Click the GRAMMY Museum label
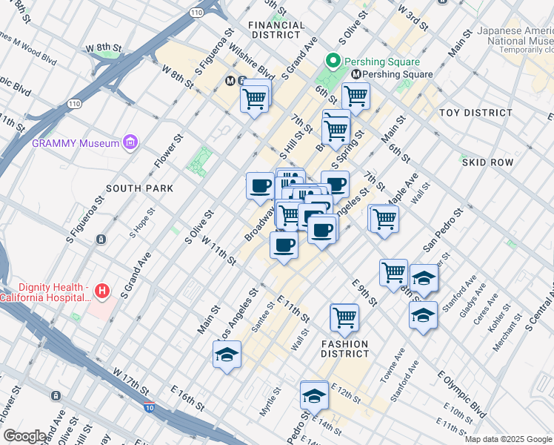(x=75, y=142)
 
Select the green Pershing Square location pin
(x=333, y=62)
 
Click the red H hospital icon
(x=102, y=291)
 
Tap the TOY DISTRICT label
(x=475, y=113)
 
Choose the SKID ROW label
(x=487, y=161)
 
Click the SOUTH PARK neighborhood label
(x=139, y=188)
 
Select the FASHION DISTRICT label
(x=344, y=349)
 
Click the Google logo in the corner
(x=24, y=436)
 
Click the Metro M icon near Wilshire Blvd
(x=231, y=80)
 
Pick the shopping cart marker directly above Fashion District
(x=344, y=318)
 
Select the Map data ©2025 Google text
(x=508, y=439)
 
